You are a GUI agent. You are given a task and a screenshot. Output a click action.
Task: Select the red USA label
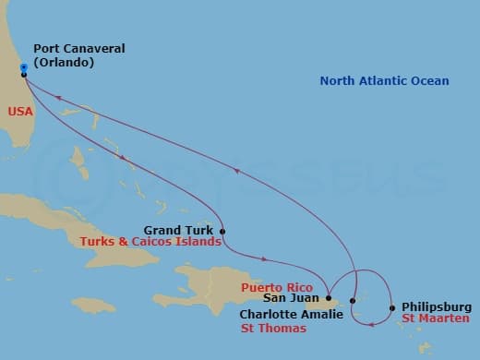coord(20,110)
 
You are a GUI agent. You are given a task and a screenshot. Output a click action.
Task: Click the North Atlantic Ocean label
coord(384,81)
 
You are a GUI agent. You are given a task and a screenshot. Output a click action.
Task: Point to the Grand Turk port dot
coord(222,231)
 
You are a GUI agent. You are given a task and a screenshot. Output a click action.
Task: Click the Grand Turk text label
coord(178,230)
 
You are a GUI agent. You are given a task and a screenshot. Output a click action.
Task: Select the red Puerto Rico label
coord(273,287)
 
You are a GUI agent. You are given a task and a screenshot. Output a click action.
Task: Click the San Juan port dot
coord(329,297)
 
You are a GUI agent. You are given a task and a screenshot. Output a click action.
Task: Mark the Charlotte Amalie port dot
coord(353,302)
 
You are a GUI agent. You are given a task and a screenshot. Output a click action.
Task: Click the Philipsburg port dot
coord(392,308)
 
